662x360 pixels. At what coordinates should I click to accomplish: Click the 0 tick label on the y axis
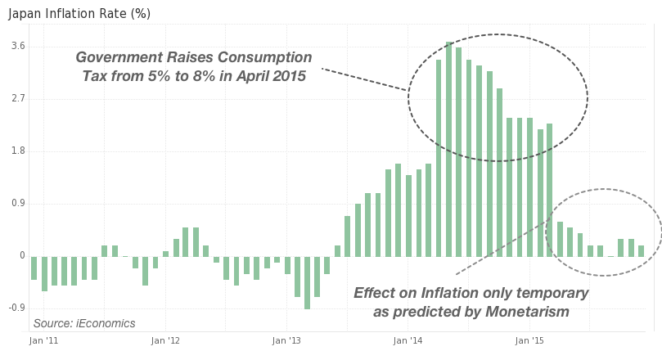pos(22,256)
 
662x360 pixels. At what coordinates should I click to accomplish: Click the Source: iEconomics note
pos(84,323)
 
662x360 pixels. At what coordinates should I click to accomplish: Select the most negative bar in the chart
pos(307,282)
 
